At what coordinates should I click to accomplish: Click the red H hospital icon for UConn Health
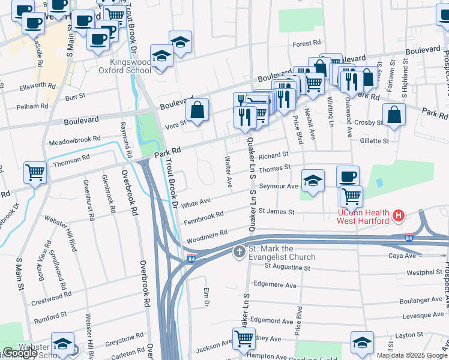pyautogui.click(x=397, y=215)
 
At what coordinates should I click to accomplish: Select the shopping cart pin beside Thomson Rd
pyautogui.click(x=35, y=173)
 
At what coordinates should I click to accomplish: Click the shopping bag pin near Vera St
pyautogui.click(x=197, y=110)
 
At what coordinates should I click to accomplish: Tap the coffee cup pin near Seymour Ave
pyautogui.click(x=348, y=176)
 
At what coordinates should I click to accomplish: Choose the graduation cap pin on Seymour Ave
pyautogui.click(x=312, y=181)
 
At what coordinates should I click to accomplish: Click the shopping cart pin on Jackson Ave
pyautogui.click(x=243, y=339)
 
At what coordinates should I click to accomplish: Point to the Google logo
pyautogui.click(x=20, y=353)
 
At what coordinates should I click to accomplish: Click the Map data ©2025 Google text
pyautogui.click(x=412, y=355)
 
